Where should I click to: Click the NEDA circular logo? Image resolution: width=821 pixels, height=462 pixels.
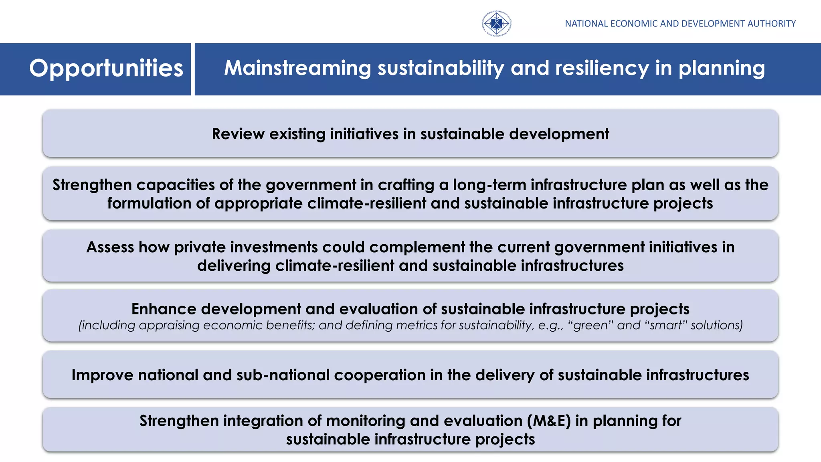point(496,24)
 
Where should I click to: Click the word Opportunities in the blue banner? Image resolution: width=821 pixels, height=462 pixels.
point(106,69)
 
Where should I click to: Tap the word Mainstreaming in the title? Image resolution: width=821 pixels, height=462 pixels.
point(297,68)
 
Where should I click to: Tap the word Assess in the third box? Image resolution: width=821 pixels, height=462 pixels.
point(110,247)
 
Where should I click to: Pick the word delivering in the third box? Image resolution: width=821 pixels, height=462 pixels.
point(234,265)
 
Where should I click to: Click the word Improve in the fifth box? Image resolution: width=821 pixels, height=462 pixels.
point(102,375)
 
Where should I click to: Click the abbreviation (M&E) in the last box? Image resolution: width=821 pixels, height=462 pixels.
point(549,421)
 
